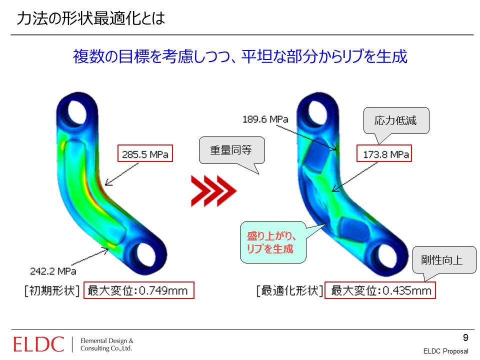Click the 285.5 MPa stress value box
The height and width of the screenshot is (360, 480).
point(145,153)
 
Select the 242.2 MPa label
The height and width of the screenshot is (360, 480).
point(53,271)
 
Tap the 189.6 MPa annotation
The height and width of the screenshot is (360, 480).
point(265,119)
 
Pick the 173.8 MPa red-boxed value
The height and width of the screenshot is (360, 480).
point(384,153)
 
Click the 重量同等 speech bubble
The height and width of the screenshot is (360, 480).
point(231,150)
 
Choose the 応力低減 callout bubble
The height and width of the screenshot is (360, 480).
point(396,120)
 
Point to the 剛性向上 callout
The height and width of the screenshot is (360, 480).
point(444,260)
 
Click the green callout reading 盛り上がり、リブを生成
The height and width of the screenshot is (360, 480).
point(273,242)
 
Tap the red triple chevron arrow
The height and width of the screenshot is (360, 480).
point(213,191)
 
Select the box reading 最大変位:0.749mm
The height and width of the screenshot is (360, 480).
point(139,290)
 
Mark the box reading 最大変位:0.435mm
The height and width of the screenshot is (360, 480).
point(380,290)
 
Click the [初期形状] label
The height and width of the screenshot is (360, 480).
point(52,290)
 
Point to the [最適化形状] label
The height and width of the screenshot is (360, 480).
point(289,290)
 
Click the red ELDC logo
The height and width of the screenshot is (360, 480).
point(38,344)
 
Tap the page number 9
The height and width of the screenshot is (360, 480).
point(465,337)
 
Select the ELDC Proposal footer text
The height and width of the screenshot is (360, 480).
point(445,351)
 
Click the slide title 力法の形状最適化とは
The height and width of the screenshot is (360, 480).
point(91,18)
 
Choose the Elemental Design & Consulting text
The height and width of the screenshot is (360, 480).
point(106,344)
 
